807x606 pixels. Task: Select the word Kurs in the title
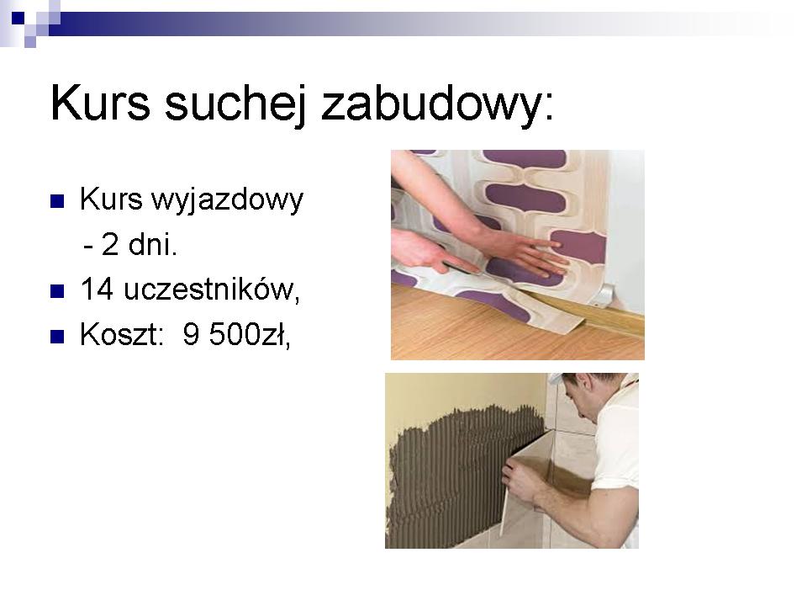pyautogui.click(x=100, y=103)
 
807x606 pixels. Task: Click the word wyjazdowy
pyautogui.click(x=228, y=200)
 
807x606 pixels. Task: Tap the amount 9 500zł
pyautogui.click(x=237, y=335)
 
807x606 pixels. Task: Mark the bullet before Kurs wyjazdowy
pyautogui.click(x=57, y=201)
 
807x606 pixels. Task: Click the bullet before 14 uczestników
pyautogui.click(x=57, y=292)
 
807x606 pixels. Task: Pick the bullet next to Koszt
pyautogui.click(x=57, y=337)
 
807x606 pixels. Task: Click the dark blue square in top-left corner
pyautogui.click(x=18, y=18)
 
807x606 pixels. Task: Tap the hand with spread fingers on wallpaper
pyautogui.click(x=525, y=252)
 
